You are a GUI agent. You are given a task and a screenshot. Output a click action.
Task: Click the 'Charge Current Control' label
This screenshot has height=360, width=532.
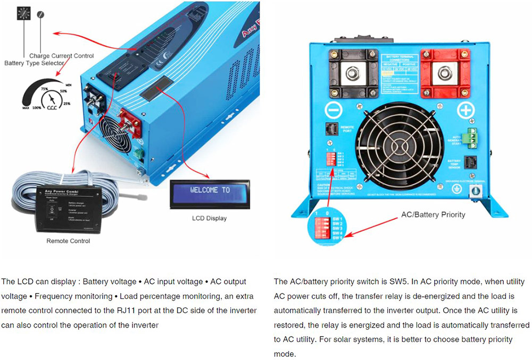click(x=61, y=56)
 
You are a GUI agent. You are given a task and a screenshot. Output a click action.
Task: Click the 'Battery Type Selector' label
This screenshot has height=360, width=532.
click(x=35, y=63)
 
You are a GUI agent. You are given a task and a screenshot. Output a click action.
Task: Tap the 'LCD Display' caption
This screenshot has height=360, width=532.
click(x=209, y=218)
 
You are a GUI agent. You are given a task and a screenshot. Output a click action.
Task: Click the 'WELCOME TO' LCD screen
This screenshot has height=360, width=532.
click(x=210, y=190)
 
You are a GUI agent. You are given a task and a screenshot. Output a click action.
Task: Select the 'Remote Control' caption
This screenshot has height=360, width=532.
click(x=69, y=241)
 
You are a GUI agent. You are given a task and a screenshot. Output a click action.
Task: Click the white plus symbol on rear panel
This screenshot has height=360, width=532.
click(x=466, y=111)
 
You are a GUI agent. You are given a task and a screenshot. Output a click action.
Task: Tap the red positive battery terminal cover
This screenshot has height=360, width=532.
click(x=445, y=71)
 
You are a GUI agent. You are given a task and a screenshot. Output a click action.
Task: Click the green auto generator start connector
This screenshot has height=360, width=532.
click(x=471, y=137)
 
